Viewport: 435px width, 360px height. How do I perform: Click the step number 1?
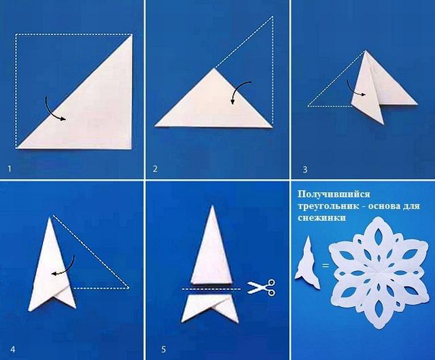point(10,168)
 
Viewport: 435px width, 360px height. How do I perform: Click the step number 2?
point(155,168)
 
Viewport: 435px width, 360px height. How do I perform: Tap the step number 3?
point(305,169)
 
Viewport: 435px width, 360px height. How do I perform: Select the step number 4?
point(13,349)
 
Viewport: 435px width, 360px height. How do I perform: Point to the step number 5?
point(163,349)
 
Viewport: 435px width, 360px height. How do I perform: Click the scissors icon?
point(261,287)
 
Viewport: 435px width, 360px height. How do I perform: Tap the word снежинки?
point(321,218)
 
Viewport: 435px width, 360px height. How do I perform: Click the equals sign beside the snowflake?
point(326,266)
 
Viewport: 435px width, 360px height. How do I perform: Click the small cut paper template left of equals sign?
point(307,263)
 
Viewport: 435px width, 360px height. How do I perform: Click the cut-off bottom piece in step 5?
point(210,308)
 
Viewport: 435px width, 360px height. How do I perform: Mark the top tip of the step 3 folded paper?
point(366,50)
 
